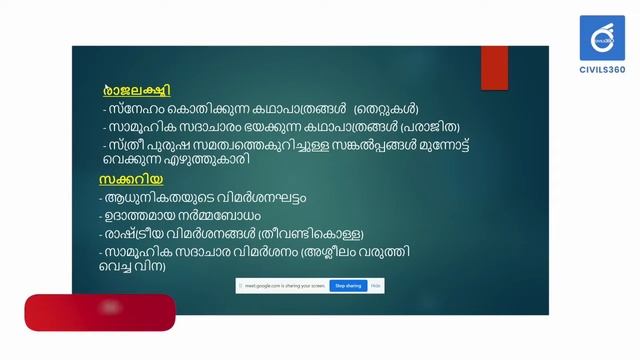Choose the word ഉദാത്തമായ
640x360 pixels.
(x=150, y=214)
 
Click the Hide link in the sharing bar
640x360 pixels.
(x=376, y=286)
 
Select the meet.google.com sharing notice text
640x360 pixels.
(x=285, y=286)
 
